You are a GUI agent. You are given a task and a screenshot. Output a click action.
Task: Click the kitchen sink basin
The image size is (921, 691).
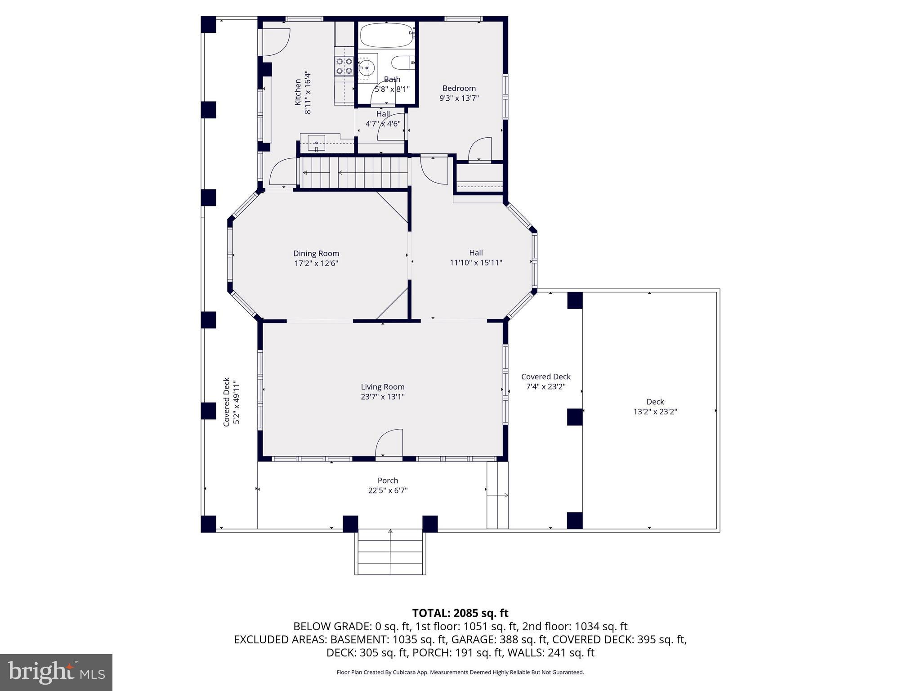point(316,143)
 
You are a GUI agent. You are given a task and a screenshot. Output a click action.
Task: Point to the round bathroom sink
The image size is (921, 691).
point(366,68)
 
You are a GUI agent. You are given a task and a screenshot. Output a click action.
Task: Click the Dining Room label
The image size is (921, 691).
point(316,253)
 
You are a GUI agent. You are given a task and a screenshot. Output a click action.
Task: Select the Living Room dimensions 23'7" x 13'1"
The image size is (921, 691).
point(383,397)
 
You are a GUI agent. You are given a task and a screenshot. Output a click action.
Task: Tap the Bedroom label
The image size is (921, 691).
point(459,88)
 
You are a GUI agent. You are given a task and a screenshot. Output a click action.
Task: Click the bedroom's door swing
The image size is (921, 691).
point(480,150)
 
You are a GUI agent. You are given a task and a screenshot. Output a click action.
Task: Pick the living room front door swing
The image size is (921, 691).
point(389,444)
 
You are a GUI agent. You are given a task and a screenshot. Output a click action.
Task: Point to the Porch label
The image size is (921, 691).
point(388,480)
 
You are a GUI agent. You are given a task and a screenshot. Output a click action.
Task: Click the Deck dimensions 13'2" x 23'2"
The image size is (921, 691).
point(655,412)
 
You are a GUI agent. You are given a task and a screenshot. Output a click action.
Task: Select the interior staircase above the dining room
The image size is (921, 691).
point(354,172)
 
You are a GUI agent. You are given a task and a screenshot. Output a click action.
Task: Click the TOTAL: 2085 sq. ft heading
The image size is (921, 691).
point(460,613)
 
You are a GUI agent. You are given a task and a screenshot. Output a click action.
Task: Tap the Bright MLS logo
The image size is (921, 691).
point(56,672)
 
